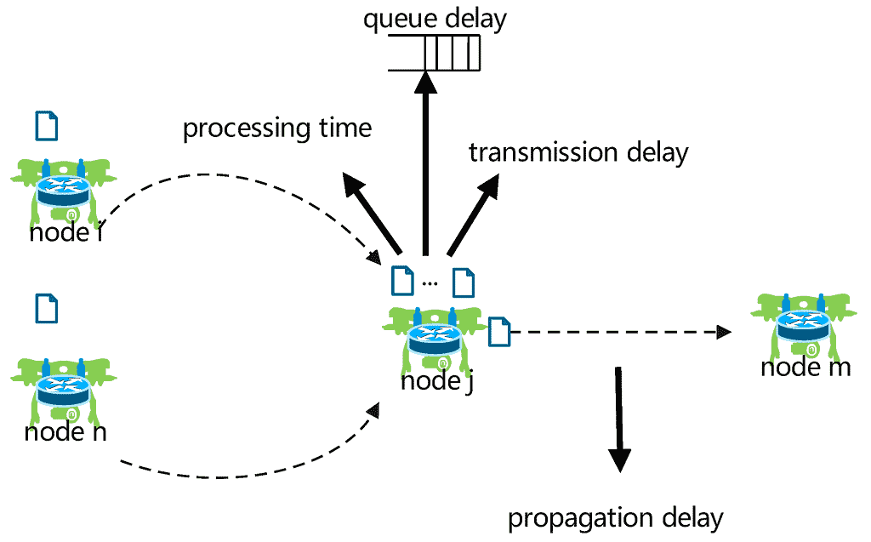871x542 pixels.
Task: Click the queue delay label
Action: (x=435, y=20)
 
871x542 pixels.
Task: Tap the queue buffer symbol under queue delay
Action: (x=434, y=53)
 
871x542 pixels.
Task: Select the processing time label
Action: (x=277, y=129)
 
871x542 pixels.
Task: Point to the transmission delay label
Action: (x=578, y=152)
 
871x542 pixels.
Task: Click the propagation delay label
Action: (x=616, y=519)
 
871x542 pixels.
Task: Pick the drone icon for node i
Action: (x=64, y=190)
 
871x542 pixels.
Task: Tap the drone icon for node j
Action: (x=435, y=339)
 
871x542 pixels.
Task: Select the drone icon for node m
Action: (x=803, y=325)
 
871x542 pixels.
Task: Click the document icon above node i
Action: (x=47, y=126)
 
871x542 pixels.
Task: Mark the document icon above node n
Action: (x=47, y=309)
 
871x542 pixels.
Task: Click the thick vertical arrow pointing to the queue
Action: (x=426, y=163)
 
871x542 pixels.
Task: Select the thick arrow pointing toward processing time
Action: (x=371, y=213)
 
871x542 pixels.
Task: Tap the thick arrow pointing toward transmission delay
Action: (x=473, y=214)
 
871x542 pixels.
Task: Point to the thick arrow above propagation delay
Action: (x=619, y=419)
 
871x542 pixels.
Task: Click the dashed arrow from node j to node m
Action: (x=620, y=333)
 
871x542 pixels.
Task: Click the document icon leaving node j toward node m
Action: (x=499, y=332)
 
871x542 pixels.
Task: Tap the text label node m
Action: (x=806, y=368)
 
